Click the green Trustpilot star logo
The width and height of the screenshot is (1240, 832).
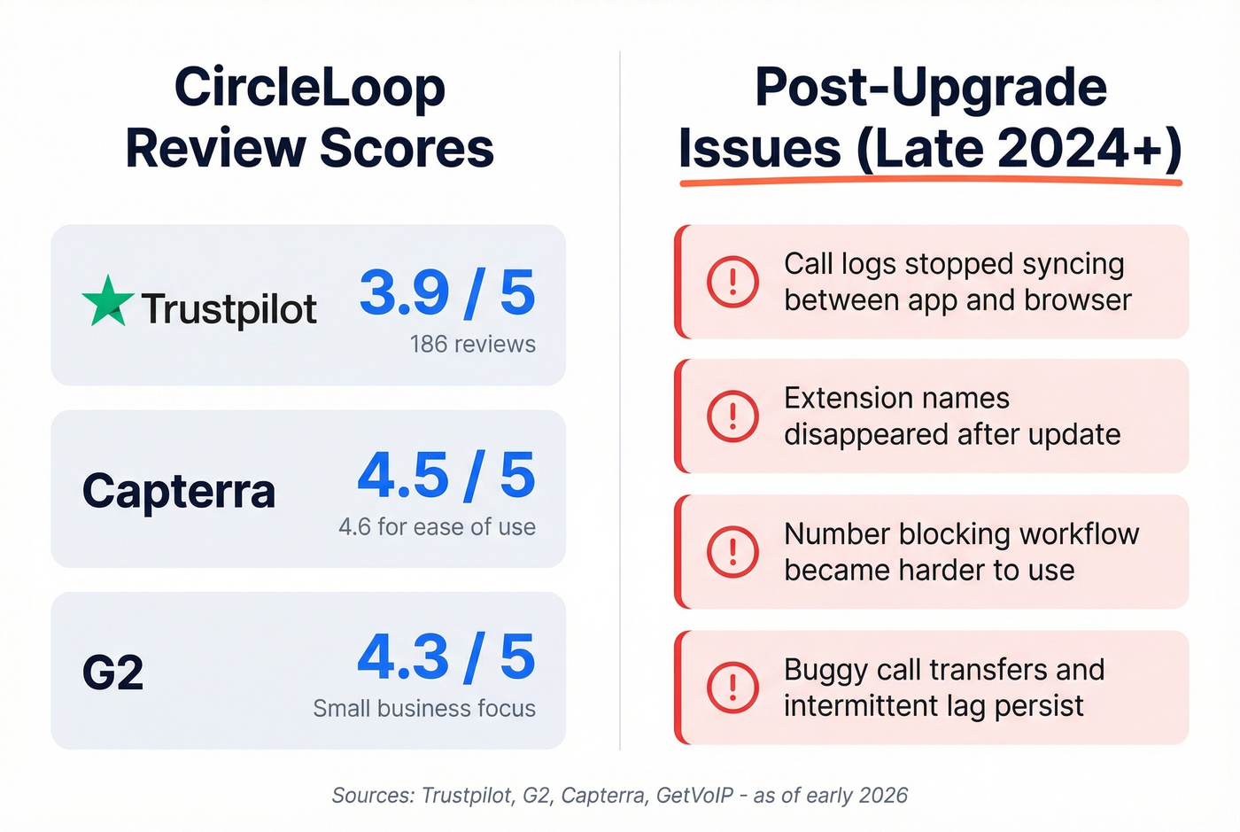tap(108, 302)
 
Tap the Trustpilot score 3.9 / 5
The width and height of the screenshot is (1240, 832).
tap(447, 292)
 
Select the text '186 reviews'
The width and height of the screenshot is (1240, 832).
tap(472, 344)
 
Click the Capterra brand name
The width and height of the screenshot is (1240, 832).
tap(179, 490)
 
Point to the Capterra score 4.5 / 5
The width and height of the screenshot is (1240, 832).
tap(446, 475)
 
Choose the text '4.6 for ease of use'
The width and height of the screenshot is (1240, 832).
tap(437, 527)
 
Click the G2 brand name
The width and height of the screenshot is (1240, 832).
tap(112, 673)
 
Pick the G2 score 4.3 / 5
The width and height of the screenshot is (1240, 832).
tap(446, 657)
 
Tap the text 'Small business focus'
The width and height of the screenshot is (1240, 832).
tap(424, 709)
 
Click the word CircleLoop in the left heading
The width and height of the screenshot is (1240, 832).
tap(309, 88)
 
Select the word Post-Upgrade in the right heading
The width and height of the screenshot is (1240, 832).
tap(930, 88)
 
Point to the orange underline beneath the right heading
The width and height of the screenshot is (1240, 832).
tap(930, 182)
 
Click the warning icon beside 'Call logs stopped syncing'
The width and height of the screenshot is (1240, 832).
tap(732, 282)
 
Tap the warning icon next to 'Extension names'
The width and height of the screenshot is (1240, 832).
tap(732, 416)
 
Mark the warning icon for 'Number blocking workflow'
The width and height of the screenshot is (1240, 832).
tap(732, 552)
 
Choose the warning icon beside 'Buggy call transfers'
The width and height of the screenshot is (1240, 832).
tap(732, 688)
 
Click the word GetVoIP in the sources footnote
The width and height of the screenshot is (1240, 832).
tap(694, 796)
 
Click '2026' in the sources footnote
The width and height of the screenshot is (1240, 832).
tap(882, 796)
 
